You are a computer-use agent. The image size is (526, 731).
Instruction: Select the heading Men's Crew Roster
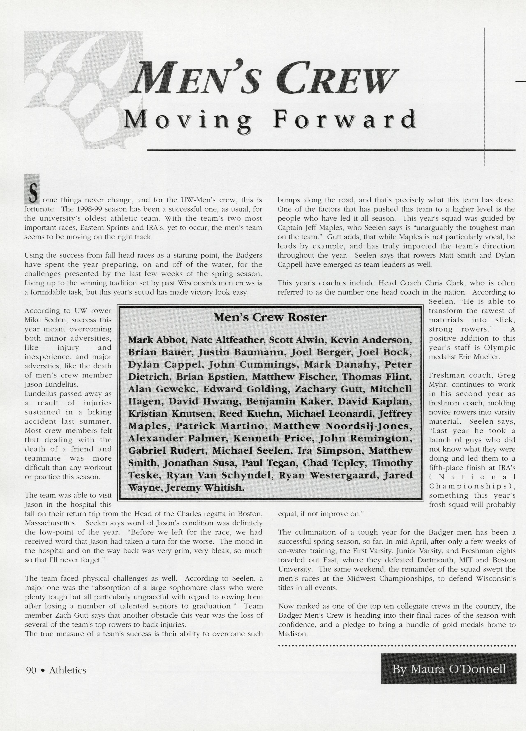(x=270, y=318)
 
